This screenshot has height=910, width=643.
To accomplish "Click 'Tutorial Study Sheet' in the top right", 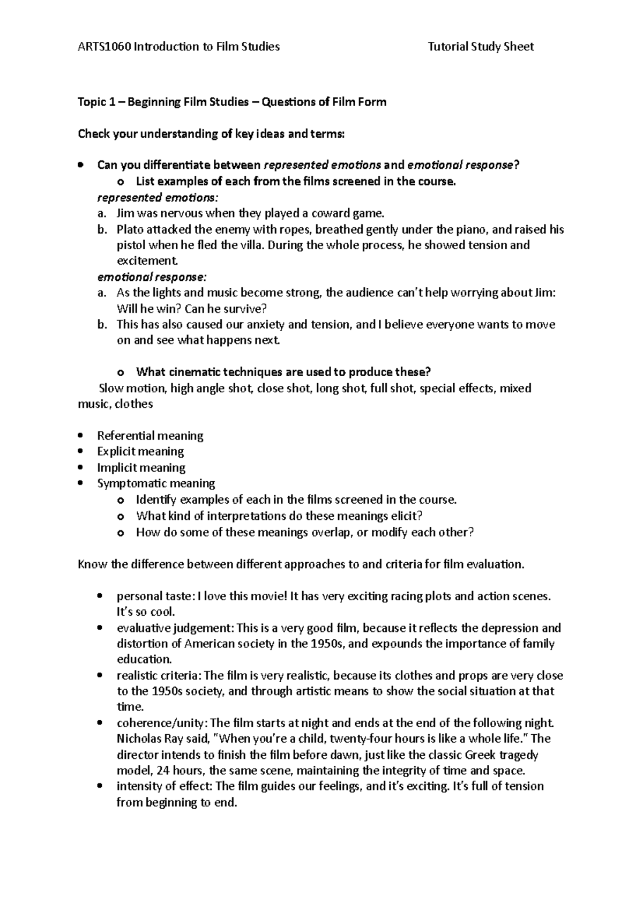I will coord(481,47).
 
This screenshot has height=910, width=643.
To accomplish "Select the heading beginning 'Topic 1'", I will coord(232,102).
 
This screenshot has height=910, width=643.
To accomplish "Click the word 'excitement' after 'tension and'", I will coord(146,261).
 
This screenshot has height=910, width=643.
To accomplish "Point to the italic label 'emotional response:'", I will coord(151,277).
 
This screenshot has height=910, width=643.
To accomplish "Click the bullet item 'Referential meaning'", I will coord(150,436).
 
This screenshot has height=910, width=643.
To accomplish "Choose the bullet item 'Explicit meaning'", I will coord(140,451).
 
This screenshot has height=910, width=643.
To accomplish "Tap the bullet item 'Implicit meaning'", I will coord(141,467).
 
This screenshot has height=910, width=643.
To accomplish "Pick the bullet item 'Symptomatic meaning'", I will coord(156,483).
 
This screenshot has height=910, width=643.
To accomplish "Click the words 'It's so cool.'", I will coord(146,611).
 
